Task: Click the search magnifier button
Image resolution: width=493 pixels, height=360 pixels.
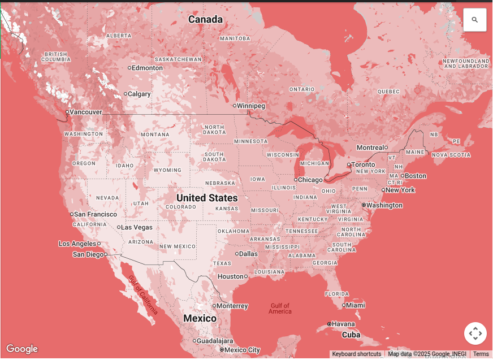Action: pyautogui.click(x=474, y=20)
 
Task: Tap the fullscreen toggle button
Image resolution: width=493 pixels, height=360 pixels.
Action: pyautogui.click(x=475, y=333)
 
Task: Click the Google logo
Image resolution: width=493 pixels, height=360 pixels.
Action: pyautogui.click(x=22, y=349)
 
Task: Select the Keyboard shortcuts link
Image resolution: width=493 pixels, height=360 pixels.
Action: pyautogui.click(x=356, y=354)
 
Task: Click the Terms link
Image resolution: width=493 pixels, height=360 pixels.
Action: pyautogui.click(x=481, y=354)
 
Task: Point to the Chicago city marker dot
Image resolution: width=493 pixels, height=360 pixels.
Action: pyautogui.click(x=296, y=180)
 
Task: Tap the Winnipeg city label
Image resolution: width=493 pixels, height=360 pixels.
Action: pyautogui.click(x=251, y=106)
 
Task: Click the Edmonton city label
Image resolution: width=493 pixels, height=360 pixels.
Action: pyautogui.click(x=147, y=68)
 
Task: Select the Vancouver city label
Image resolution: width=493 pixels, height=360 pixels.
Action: pyautogui.click(x=86, y=112)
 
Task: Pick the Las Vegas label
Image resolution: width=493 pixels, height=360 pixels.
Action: pyautogui.click(x=137, y=227)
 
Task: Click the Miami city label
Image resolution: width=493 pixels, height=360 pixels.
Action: pyautogui.click(x=356, y=305)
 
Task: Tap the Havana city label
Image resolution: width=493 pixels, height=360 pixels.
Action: pyautogui.click(x=343, y=324)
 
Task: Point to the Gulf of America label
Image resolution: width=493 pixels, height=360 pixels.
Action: pyautogui.click(x=280, y=309)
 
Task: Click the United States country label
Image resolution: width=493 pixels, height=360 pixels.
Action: pyautogui.click(x=207, y=198)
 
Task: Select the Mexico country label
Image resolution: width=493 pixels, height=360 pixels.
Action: pyautogui.click(x=200, y=318)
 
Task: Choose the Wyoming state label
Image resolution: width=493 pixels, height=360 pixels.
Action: pyautogui.click(x=167, y=170)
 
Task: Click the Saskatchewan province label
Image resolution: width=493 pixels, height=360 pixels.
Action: pyautogui.click(x=178, y=59)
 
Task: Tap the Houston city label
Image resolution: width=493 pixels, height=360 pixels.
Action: pyautogui.click(x=230, y=276)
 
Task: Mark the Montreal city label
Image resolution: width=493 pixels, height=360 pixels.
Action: pyautogui.click(x=370, y=148)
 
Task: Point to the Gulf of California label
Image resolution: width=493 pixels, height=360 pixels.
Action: pyautogui.click(x=142, y=294)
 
